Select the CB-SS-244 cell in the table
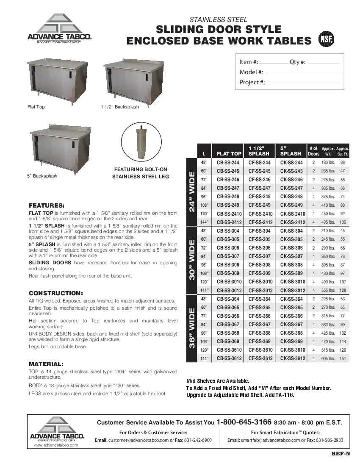point(228,163)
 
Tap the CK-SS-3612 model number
point(292,358)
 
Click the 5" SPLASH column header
point(291,151)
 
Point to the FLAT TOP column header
point(229,154)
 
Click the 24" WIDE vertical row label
point(192,192)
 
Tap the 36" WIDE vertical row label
point(192,329)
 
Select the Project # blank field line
point(303,83)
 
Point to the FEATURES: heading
point(46,205)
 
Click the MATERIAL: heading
point(46,364)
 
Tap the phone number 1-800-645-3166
point(244,422)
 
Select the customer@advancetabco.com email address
point(139,440)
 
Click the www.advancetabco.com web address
point(56,446)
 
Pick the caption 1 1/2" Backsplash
point(120,107)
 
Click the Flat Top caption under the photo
point(36,107)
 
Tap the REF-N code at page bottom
point(341,454)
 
